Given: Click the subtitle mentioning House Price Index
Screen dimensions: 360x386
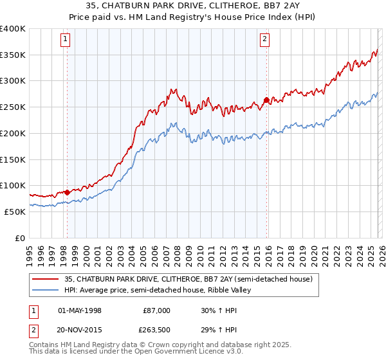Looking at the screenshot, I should pos(192,17).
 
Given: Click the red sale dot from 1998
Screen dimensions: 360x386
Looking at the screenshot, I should pos(67,192).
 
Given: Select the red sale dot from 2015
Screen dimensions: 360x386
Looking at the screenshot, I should pos(266,100).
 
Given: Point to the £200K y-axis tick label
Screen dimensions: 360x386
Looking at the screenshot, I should pos(12,133).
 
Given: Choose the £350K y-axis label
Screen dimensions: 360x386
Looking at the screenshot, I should pos(12,55).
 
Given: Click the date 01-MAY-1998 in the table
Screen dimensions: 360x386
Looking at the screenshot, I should pos(80,310).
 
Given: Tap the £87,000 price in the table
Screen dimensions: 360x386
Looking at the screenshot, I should pos(157,310).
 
